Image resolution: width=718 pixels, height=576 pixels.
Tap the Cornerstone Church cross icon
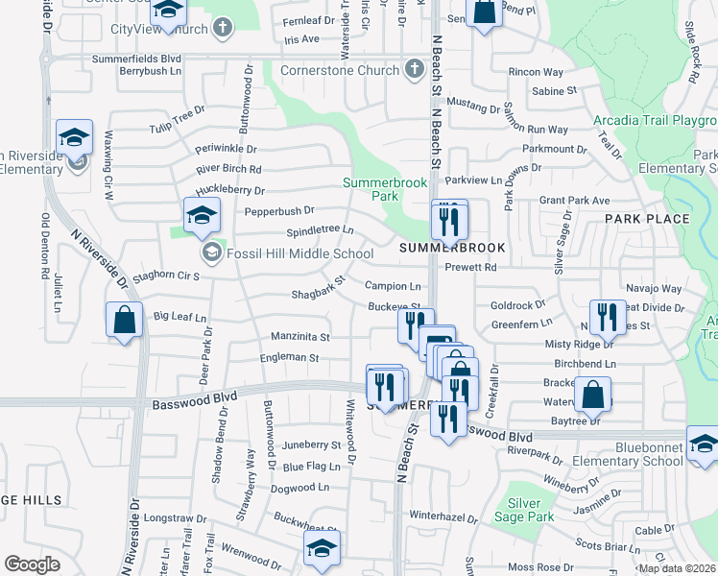[x=414, y=69]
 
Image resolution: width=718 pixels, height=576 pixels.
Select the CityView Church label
[x=159, y=28]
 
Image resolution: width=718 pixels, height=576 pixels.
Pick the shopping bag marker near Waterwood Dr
[x=593, y=394]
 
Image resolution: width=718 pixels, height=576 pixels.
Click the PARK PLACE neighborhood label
[x=647, y=219]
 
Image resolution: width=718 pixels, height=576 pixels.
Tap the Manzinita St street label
[x=300, y=337]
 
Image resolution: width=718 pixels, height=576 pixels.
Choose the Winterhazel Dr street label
[x=443, y=515]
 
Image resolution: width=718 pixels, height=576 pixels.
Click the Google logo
[x=32, y=564]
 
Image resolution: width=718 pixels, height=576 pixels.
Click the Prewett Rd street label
[x=476, y=267]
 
